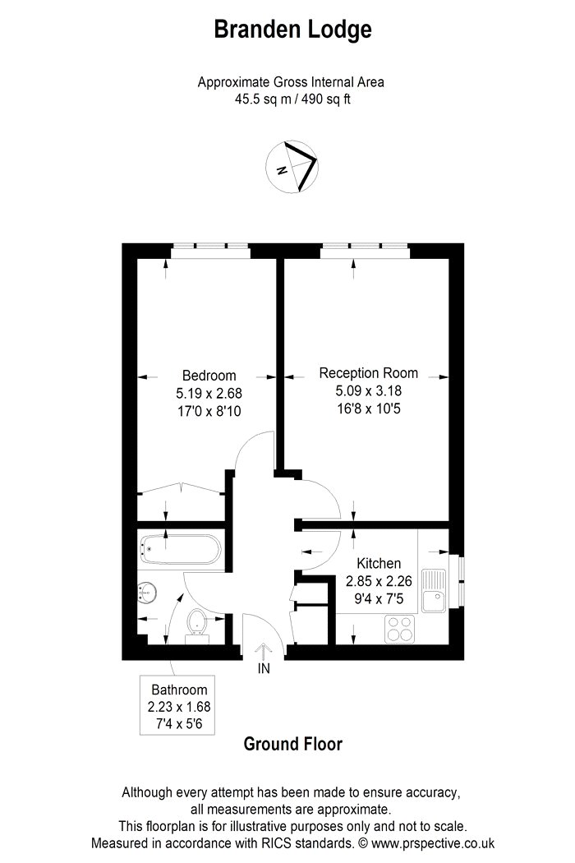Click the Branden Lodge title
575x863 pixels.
pos(292,30)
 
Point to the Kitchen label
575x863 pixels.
pos(379,564)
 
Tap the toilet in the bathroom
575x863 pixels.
pos(197,624)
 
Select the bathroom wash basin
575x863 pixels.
pos(149,592)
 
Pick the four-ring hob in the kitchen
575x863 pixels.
pos(400,629)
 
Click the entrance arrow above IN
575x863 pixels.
pos(264,648)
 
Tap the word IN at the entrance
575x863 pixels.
pos(264,669)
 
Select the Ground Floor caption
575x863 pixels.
pos(292,745)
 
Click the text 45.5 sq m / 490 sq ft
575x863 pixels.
pos(291,100)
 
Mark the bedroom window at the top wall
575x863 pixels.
pos(210,249)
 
